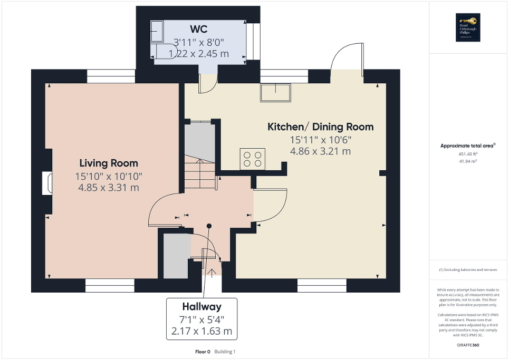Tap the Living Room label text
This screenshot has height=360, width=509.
109,163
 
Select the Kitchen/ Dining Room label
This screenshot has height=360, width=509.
320,127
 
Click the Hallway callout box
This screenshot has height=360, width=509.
201,319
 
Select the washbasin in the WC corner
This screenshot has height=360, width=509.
157,31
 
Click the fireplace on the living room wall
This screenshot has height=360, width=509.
47,183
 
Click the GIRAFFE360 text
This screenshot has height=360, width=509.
468,345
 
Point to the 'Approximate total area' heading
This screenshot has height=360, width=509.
467,146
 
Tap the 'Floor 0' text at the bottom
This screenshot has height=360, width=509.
203,352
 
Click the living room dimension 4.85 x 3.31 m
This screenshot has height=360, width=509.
109,187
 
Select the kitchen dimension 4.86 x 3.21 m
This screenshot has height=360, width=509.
320,151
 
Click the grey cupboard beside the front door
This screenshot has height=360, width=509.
176,256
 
